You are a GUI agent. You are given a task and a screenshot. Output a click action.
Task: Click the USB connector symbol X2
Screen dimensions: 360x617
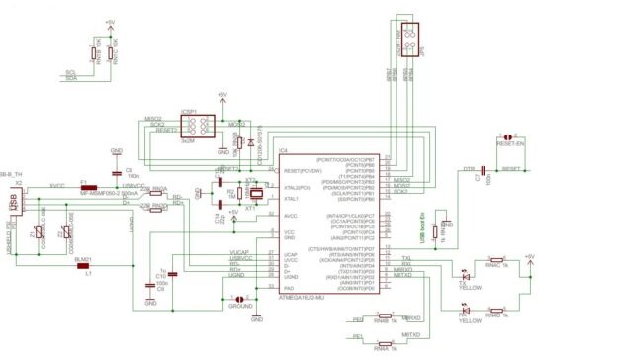(x=13, y=202)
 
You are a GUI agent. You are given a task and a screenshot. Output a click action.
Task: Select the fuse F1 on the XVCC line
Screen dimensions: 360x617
(x=85, y=187)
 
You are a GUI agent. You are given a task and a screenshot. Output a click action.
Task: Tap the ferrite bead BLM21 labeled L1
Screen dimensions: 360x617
(x=84, y=265)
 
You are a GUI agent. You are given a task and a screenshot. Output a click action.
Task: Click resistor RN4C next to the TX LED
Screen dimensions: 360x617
(x=494, y=265)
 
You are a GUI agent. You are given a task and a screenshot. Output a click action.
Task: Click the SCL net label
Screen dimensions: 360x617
(x=70, y=72)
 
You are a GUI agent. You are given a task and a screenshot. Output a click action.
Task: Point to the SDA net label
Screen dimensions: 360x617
(x=70, y=79)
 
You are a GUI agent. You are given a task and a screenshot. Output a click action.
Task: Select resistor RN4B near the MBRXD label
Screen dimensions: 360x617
(x=382, y=320)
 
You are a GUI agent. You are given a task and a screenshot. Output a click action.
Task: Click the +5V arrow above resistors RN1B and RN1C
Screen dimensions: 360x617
(x=109, y=21)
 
